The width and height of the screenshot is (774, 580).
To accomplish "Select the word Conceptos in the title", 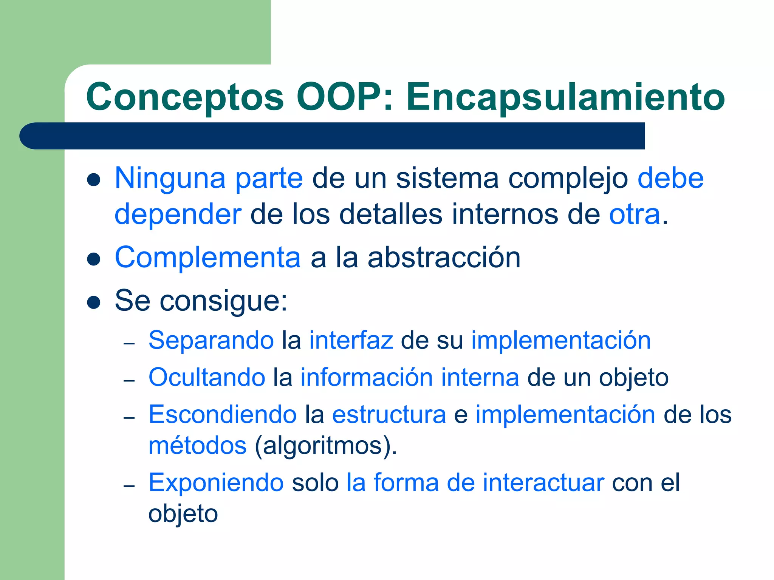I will point(185,97).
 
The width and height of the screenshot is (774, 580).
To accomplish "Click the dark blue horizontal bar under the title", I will point(332,136).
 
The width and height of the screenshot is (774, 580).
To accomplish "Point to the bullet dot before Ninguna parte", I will point(93,180).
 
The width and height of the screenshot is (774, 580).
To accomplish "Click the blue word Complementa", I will point(207,258).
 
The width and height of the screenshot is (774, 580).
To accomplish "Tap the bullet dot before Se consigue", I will point(93,302).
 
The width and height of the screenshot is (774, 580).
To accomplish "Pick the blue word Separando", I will point(211,340).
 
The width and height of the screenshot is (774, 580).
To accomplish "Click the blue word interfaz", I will point(351,340).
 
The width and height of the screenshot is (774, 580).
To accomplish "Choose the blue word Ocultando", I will point(207,377).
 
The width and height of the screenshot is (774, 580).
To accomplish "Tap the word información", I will point(366,377).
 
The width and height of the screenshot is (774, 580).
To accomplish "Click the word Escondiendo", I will point(223,415).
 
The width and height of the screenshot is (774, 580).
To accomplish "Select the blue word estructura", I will point(389,415).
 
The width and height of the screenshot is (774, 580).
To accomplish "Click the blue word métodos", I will point(197,446).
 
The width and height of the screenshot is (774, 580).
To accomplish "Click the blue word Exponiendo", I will point(216,483).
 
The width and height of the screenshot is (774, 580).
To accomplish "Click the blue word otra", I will point(635,214).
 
